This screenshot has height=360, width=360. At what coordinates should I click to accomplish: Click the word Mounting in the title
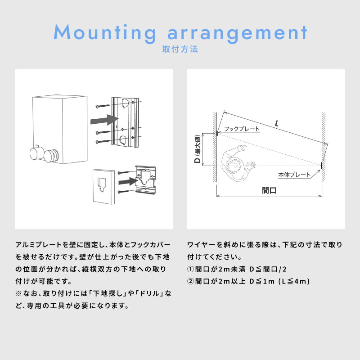(x=104, y=32)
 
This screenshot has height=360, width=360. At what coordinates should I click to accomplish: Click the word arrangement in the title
(x=237, y=32)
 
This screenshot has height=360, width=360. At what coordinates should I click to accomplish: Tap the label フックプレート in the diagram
(x=242, y=129)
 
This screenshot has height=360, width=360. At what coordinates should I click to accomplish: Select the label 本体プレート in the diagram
(x=294, y=175)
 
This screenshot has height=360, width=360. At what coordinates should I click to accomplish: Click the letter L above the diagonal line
(x=275, y=122)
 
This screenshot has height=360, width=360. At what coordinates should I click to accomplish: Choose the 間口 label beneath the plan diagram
(x=269, y=190)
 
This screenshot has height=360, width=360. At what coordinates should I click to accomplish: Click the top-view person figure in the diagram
(x=235, y=164)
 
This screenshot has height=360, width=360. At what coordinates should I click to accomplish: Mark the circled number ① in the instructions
(x=190, y=270)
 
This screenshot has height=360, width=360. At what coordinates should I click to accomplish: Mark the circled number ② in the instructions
(x=190, y=281)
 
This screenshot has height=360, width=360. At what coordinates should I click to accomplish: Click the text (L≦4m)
(x=294, y=281)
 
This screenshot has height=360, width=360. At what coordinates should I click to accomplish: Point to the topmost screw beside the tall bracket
(x=103, y=106)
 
